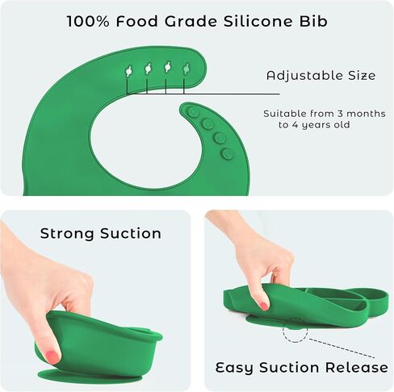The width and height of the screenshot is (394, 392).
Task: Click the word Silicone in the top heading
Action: [x=258, y=21]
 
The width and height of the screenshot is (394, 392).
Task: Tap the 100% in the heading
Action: [x=88, y=21]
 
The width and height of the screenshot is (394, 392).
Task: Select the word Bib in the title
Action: [x=313, y=21]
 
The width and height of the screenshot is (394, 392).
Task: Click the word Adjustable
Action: [x=304, y=76]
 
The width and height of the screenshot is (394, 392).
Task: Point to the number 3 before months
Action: [x=340, y=114]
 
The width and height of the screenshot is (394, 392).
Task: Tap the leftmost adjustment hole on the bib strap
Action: [x=129, y=71]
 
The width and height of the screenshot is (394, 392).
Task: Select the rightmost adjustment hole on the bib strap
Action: [x=187, y=69]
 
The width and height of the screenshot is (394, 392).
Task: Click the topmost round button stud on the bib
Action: [x=193, y=112]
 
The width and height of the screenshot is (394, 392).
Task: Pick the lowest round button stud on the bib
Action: [x=228, y=154]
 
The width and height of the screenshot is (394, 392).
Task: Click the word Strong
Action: [x=67, y=233]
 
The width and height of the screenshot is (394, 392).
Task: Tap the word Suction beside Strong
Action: [x=131, y=233]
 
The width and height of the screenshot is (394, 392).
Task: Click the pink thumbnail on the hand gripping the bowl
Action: [x=51, y=357]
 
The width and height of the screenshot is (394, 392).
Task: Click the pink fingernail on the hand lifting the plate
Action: [x=264, y=306]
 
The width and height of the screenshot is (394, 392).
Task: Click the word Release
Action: [x=357, y=367]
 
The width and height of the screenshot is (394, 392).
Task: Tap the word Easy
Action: [x=234, y=368]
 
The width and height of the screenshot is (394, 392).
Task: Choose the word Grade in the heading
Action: [x=191, y=21]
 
